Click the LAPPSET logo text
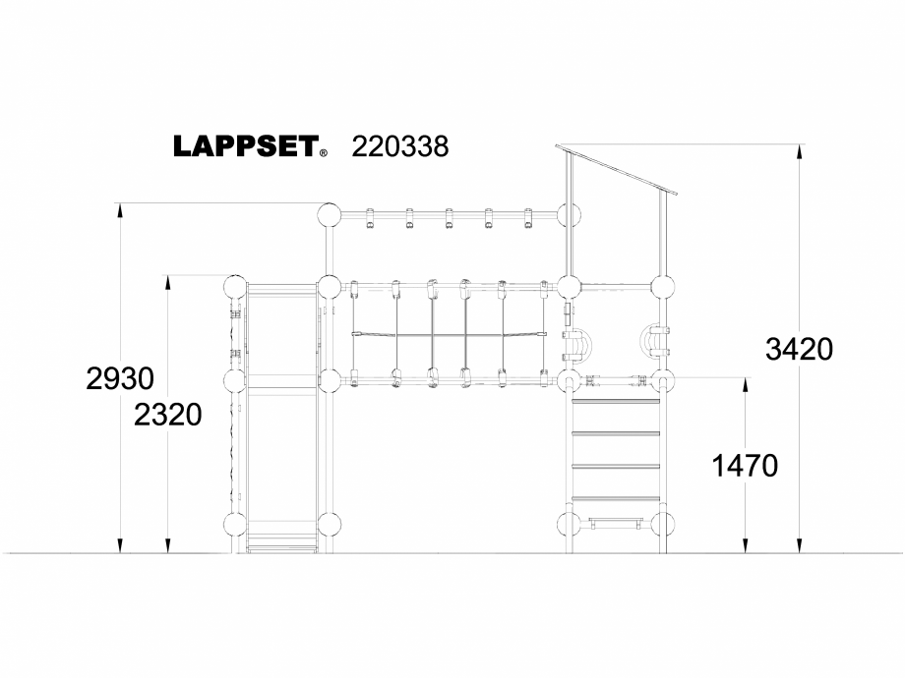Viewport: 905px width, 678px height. tap(245, 146)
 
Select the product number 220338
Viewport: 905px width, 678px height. tap(399, 146)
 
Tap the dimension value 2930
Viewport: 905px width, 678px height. tap(120, 378)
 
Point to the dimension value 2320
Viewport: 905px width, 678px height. tap(168, 415)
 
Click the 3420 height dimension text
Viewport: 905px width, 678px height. tap(799, 348)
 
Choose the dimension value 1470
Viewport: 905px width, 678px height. tap(744, 466)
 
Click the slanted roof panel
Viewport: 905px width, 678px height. tap(617, 169)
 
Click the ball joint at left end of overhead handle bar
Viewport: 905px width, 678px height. tap(329, 214)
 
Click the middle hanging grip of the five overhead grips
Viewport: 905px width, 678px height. tap(448, 220)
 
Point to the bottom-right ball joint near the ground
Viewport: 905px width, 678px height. tap(664, 523)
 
